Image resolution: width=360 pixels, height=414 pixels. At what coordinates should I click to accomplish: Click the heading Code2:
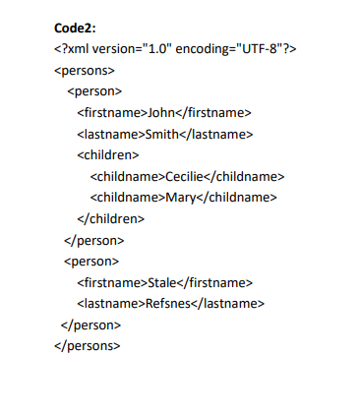click(75, 29)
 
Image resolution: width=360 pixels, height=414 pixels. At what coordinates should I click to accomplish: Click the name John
click(160, 112)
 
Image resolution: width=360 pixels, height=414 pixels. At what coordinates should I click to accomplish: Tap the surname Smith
click(162, 134)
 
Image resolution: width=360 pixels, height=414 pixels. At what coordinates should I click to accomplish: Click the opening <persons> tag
click(85, 71)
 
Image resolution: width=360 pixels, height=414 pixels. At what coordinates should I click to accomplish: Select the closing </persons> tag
click(88, 345)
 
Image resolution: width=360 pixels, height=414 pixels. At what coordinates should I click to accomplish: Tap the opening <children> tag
click(108, 154)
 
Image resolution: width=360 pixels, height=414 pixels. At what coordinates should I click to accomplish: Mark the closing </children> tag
click(111, 218)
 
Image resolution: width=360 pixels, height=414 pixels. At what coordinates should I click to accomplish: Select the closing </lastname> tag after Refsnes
click(231, 303)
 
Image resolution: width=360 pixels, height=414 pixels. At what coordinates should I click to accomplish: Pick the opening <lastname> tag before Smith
click(110, 134)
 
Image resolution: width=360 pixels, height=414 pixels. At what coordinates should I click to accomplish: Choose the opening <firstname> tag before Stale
click(111, 282)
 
